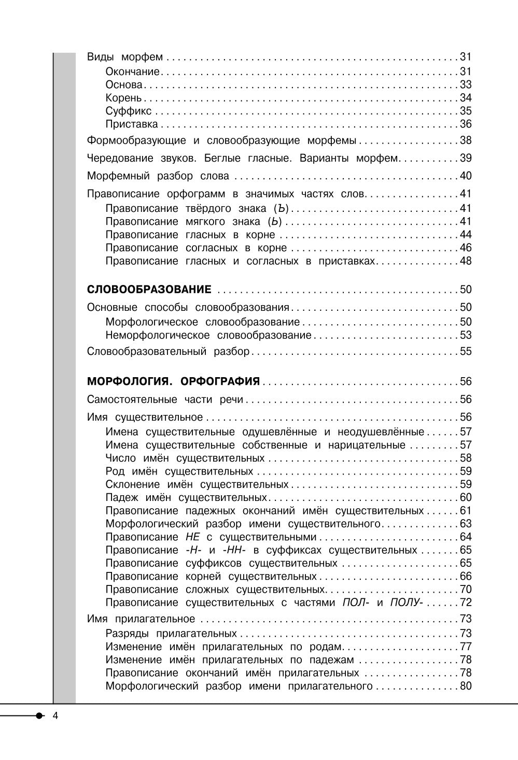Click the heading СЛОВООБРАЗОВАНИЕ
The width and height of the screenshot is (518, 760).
(149, 289)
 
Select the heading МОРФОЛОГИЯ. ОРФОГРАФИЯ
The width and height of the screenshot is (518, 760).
(173, 382)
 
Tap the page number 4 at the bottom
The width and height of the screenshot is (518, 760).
(56, 716)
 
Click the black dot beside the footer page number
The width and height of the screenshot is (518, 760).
(40, 716)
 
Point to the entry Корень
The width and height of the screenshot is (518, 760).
(123, 98)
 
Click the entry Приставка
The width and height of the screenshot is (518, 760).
(132, 124)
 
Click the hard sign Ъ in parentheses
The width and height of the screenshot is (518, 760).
(281, 209)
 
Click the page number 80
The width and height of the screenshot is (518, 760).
(466, 686)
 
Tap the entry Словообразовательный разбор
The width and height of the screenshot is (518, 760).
(168, 352)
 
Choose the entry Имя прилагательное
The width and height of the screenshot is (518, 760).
(141, 619)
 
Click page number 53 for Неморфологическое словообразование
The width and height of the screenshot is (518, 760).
(466, 335)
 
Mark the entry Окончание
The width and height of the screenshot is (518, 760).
(133, 71)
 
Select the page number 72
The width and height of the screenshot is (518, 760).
(466, 603)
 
